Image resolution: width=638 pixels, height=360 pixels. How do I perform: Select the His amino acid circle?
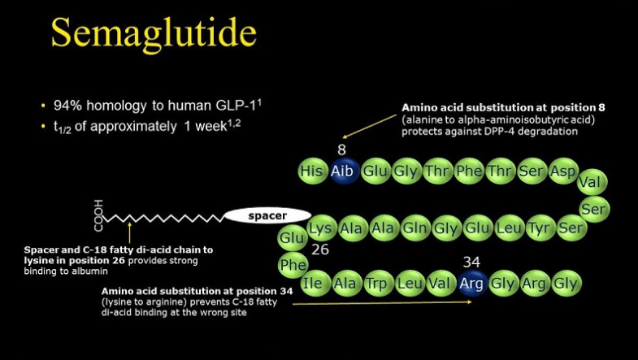312,171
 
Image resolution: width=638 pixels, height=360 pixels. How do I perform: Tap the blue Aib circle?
342,171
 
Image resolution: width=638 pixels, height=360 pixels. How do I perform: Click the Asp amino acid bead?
562,171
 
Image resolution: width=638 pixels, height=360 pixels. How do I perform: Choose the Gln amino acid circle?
415,228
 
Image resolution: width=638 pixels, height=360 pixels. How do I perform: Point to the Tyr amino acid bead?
540,228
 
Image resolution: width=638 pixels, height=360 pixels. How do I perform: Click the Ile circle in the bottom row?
312,283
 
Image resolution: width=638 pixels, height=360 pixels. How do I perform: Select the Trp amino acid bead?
376,283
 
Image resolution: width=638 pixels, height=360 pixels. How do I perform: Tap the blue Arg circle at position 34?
471,283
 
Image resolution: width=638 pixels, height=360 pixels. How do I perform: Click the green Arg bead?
534,283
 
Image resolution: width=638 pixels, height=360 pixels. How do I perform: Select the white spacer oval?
267,215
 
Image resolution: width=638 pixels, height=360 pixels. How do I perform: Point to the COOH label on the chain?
98,215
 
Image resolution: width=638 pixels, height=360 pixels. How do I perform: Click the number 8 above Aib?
341,150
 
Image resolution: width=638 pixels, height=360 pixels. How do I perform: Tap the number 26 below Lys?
320,249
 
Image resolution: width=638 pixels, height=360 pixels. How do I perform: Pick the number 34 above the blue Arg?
471,262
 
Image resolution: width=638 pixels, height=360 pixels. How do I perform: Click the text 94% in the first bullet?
69,106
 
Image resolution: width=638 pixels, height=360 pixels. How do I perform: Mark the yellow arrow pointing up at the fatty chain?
129,232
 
